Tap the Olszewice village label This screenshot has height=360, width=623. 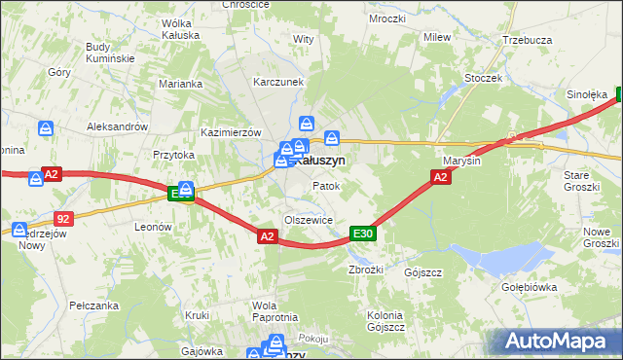[309, 220]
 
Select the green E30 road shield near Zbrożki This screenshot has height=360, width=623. [362, 234]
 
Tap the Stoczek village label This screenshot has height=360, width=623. [483, 77]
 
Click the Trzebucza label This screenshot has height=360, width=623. [527, 40]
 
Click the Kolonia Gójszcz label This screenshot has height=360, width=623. [385, 321]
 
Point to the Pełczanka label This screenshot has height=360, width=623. [93, 305]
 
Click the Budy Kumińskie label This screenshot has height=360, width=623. [109, 52]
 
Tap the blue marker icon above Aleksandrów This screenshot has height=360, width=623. [46, 127]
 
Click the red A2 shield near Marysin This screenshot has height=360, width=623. [440, 176]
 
